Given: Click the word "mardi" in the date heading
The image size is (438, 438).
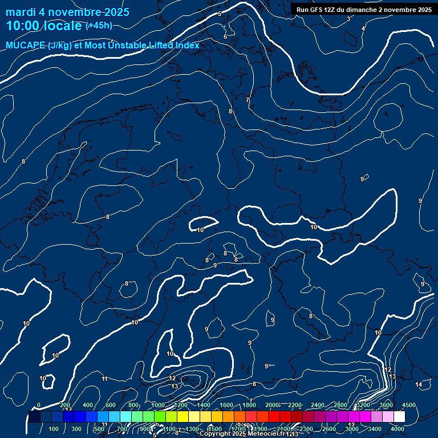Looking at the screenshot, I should click(x=19, y=12).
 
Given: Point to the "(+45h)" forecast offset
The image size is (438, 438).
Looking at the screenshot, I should click(x=99, y=26).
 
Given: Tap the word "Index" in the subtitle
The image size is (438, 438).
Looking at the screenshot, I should click(x=188, y=46).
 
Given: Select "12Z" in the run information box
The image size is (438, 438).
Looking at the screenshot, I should click(x=330, y=10).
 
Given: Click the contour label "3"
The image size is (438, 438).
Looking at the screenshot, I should click(x=348, y=19).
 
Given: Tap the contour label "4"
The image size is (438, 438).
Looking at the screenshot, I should click(x=363, y=29).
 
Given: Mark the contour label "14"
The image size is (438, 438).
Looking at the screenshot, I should click(x=419, y=384).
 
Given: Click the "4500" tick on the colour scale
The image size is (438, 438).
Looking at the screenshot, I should click(x=408, y=405).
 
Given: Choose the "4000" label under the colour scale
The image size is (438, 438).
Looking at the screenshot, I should click(x=398, y=429).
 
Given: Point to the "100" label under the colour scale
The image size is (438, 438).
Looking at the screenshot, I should click(x=54, y=429).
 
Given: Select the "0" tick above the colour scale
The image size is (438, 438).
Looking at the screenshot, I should click(x=39, y=405).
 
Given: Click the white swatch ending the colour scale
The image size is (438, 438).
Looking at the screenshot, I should click(x=399, y=417).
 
